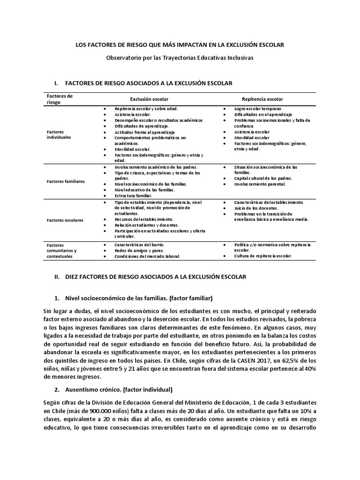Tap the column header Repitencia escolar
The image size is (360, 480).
262,99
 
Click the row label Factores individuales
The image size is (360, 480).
59,135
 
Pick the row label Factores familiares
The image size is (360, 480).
65,181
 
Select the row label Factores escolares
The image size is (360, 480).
65,219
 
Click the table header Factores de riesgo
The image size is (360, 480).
60,99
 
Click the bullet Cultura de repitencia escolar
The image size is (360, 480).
263,256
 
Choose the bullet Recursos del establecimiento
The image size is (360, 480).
144,219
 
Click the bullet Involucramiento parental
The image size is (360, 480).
260,184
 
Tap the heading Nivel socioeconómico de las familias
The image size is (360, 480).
134,298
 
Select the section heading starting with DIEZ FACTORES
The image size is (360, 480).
155,277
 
